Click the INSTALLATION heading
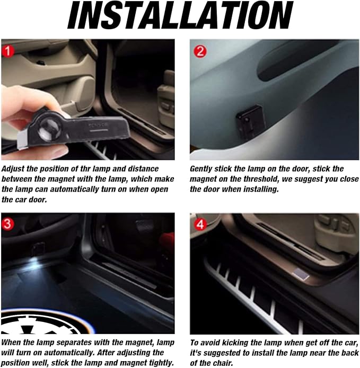point(180,15)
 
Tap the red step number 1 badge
point(8,51)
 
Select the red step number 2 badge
point(200,51)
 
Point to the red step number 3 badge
point(8,223)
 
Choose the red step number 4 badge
point(200,225)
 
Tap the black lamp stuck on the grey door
point(250,120)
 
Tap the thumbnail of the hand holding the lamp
point(88,100)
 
